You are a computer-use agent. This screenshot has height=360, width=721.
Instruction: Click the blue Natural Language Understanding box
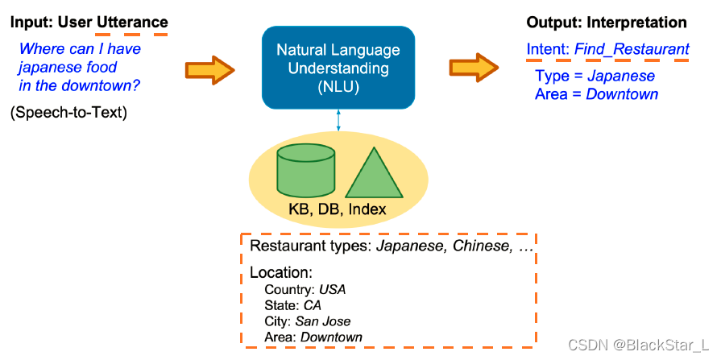pos(338,68)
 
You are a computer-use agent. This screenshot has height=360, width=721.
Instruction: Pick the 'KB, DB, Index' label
pos(337,210)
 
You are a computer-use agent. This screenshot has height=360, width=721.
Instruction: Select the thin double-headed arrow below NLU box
pos(338,120)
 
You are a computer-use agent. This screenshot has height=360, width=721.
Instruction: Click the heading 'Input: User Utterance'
pos(89,22)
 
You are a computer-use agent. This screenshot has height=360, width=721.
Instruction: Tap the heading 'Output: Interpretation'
pos(607,22)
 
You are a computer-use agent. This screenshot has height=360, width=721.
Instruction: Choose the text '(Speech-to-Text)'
pos(69,113)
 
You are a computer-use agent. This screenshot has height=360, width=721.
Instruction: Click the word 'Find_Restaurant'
pos(632,50)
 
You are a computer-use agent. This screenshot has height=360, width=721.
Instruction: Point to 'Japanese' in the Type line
pos(621,77)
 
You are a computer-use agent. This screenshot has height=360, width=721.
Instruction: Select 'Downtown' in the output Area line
pos(622,94)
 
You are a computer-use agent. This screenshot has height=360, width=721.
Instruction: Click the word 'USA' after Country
pos(332,289)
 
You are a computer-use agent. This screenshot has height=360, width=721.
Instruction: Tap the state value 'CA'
pos(313,305)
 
